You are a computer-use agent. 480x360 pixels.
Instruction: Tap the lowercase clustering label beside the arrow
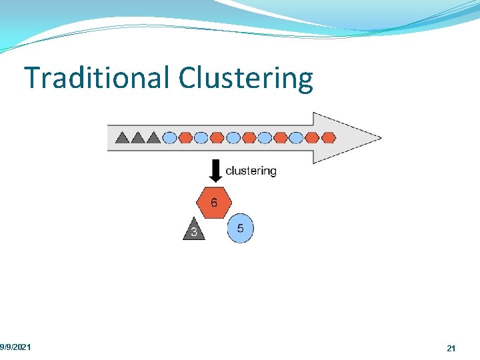coord(251,171)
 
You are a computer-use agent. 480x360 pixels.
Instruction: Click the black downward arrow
coord(215,171)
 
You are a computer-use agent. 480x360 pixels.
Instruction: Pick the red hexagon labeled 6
coord(214,202)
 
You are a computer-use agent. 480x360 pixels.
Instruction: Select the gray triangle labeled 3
coord(193,230)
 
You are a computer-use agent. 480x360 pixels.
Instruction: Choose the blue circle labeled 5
coord(240,229)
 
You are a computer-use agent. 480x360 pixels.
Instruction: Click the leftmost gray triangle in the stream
coord(122,138)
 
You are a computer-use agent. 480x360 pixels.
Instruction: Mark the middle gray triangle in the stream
coord(138,138)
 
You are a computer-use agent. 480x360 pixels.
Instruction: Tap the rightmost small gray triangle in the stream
coord(153,138)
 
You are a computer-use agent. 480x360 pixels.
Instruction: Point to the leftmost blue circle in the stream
coord(169,138)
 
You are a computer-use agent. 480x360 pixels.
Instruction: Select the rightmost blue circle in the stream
coord(296,138)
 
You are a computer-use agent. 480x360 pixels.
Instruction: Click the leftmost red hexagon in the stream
coord(185,138)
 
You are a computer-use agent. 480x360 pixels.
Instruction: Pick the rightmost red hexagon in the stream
coord(327,138)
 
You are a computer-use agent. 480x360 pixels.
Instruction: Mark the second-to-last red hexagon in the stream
coord(312,138)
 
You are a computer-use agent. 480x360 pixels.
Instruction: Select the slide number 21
coord(451,348)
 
